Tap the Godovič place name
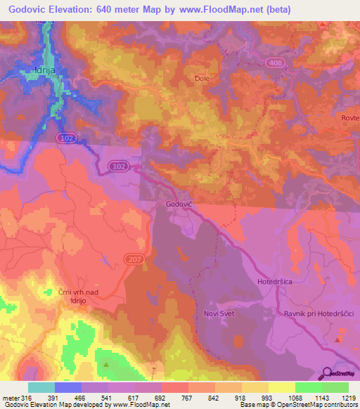click(x=179, y=204)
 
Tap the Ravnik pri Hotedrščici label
click(x=317, y=313)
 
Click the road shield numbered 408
click(x=275, y=63)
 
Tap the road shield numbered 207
click(x=134, y=260)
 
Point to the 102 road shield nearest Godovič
click(x=119, y=166)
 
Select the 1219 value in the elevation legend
click(x=340, y=397)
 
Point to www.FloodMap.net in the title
click(x=214, y=10)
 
